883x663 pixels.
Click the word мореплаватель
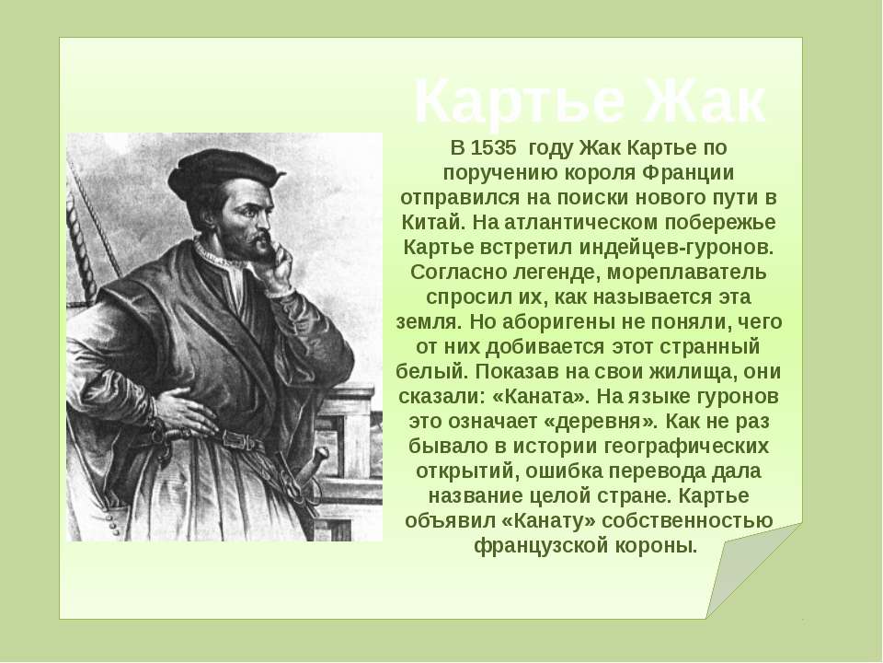click(687, 273)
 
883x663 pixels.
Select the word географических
click(686, 446)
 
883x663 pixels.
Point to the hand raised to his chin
click(280, 264)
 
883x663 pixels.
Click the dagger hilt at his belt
click(317, 458)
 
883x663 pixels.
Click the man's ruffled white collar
click(217, 255)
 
